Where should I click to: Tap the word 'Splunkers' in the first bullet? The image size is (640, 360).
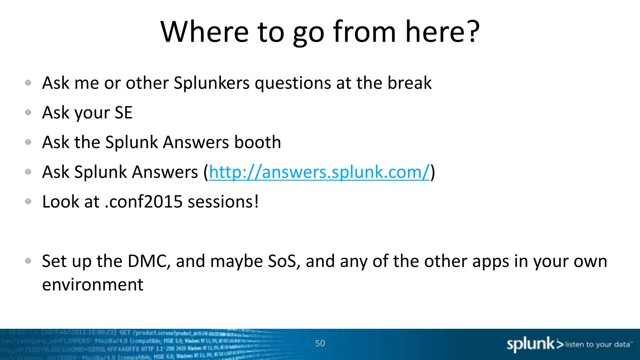point(212,83)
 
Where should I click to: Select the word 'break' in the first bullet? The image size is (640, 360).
point(409,83)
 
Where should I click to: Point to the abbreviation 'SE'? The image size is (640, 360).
point(123,112)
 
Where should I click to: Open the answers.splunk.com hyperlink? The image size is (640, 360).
point(319,172)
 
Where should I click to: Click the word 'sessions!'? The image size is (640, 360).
point(223,202)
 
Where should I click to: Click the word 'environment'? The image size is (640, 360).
point(92,285)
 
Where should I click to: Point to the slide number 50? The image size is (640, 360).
point(320,343)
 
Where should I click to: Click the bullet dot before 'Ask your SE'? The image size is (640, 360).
point(28,112)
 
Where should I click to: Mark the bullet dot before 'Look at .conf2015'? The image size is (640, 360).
point(28,202)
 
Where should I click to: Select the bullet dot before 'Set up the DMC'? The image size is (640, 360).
point(28,261)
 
